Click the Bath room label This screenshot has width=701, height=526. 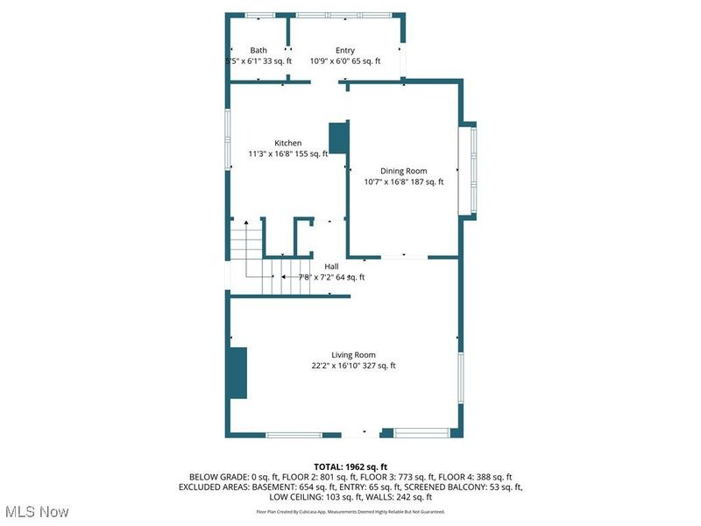point(258,51)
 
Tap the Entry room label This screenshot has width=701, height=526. point(345,51)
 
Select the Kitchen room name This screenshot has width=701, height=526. point(288,143)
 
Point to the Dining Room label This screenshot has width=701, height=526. point(403,171)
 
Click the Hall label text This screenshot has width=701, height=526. point(332,267)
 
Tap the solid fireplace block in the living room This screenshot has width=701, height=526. point(237,373)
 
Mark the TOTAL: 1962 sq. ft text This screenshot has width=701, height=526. point(350,466)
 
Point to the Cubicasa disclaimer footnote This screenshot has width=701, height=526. point(350,511)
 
